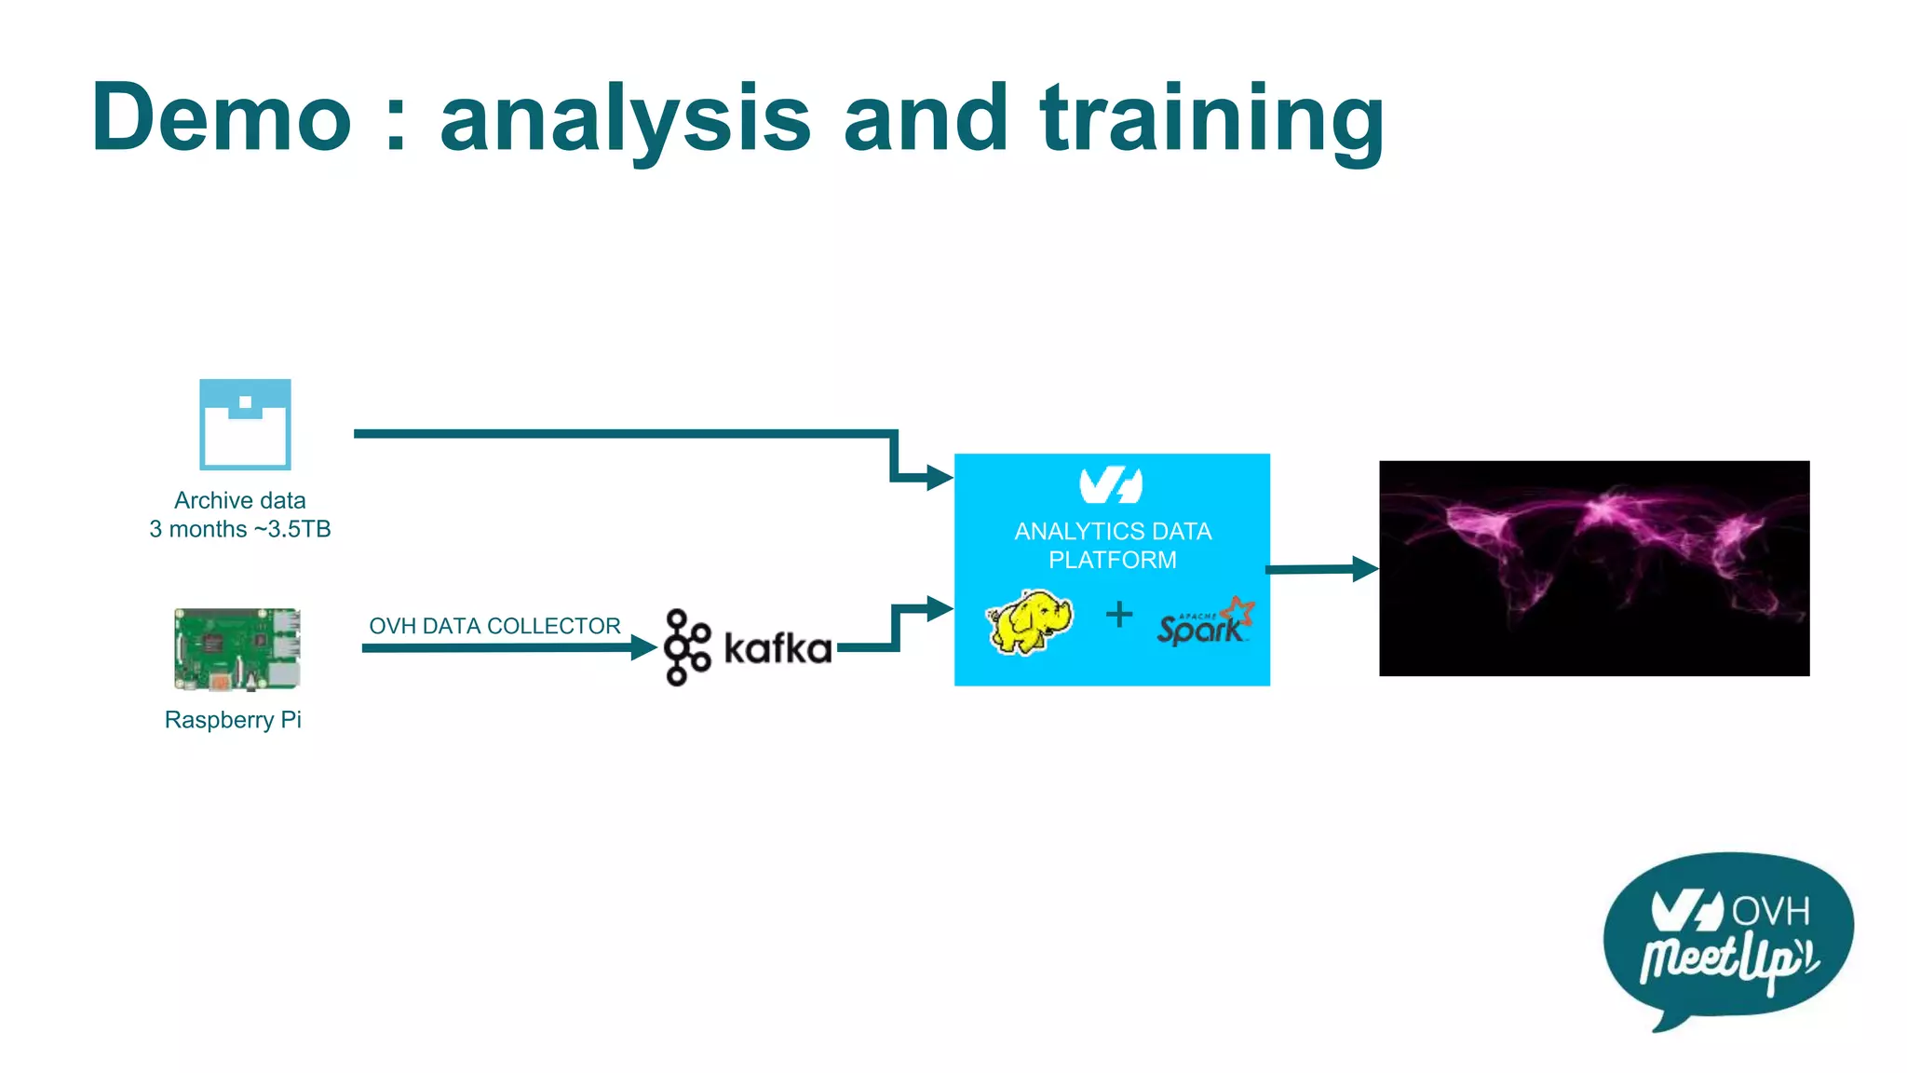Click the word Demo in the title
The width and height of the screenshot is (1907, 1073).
click(222, 118)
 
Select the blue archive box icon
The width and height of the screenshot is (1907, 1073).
click(245, 424)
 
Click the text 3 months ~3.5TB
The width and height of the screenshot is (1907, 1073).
click(240, 529)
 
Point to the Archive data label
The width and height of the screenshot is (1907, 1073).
click(240, 500)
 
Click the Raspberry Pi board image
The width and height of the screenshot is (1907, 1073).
click(237, 649)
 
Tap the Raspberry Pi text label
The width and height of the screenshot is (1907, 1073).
click(233, 720)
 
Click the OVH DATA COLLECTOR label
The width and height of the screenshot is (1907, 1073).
click(494, 626)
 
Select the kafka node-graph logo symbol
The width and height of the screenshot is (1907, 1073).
click(687, 647)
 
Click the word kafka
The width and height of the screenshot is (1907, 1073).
click(778, 649)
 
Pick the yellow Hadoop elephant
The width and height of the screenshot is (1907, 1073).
click(1030, 621)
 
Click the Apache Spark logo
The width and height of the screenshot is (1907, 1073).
click(1205, 623)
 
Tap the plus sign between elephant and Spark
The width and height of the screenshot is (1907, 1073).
click(1119, 614)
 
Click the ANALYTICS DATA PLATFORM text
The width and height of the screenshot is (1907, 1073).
click(1113, 545)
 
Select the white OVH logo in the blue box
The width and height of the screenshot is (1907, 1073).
click(1111, 485)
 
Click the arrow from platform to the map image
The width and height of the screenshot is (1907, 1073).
click(1322, 568)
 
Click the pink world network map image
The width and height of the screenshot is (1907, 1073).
click(1594, 568)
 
